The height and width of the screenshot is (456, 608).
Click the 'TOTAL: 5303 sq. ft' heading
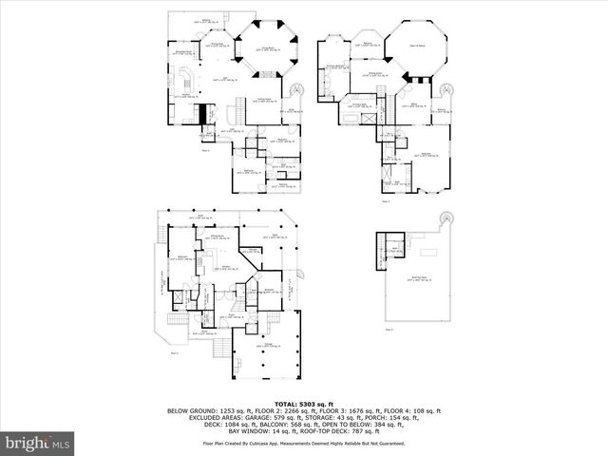(x=303, y=404)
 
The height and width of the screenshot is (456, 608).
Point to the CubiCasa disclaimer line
(x=303, y=444)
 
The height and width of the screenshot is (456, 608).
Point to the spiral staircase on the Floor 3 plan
(x=448, y=91)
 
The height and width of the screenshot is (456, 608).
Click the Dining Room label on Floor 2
(x=217, y=44)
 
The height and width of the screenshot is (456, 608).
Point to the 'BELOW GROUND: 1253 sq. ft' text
(x=202, y=410)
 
